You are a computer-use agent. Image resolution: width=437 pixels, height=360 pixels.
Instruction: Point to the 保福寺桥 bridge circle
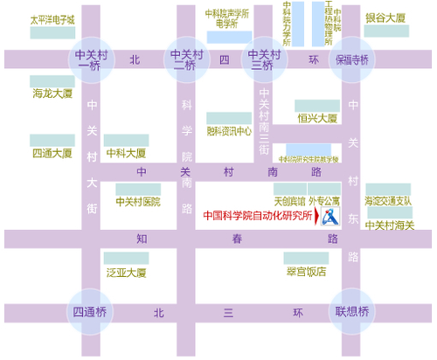pyautogui.click(x=352, y=60)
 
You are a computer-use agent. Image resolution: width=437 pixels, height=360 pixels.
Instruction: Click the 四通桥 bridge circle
pyautogui.click(x=89, y=312)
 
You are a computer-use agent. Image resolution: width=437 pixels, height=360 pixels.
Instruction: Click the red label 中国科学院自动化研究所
pyautogui.click(x=256, y=215)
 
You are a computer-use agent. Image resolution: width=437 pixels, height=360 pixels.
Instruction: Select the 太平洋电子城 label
pyautogui.click(x=52, y=18)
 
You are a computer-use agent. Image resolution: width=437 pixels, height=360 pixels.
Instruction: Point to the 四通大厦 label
pyautogui.click(x=52, y=153)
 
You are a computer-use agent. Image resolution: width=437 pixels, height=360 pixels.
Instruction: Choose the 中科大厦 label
pyautogui.click(x=126, y=153)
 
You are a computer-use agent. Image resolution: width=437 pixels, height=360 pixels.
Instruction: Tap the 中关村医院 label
pyautogui.click(x=138, y=201)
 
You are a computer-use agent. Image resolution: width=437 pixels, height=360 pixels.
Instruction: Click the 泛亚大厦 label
pyautogui.click(x=126, y=273)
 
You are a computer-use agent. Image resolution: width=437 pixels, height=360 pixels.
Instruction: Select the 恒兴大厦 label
pyautogui.click(x=316, y=117)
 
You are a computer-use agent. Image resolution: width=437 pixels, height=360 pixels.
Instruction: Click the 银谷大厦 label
pyautogui.click(x=385, y=18)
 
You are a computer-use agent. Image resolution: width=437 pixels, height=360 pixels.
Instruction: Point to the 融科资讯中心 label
pyautogui.click(x=229, y=132)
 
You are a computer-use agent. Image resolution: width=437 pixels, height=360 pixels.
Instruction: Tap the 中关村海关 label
pyautogui.click(x=389, y=225)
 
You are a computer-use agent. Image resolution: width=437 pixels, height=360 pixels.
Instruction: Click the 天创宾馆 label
pyautogui.click(x=290, y=201)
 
